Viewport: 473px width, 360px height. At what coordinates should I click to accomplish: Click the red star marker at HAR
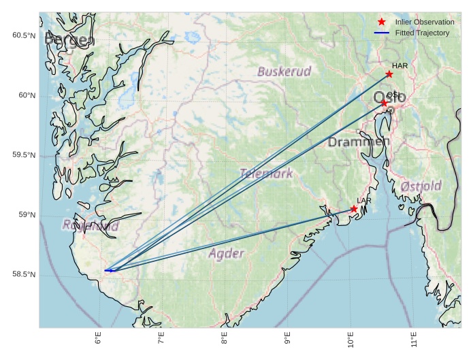click(x=389, y=74)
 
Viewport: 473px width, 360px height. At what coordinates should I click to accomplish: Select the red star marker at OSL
click(x=384, y=103)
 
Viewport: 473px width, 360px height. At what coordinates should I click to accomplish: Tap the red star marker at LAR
click(x=354, y=209)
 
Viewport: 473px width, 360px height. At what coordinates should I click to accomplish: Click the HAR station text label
click(x=399, y=65)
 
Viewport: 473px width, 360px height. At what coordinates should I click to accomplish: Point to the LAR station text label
click(x=364, y=201)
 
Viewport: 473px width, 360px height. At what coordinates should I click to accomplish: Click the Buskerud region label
click(x=284, y=71)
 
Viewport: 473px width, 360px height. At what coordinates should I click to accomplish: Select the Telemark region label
click(x=266, y=174)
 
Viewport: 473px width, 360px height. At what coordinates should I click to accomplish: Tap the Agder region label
click(x=225, y=254)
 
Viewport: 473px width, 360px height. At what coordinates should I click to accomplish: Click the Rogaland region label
click(x=91, y=225)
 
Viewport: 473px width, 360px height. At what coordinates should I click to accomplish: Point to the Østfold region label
click(x=421, y=186)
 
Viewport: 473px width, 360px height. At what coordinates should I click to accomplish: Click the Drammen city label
click(x=358, y=142)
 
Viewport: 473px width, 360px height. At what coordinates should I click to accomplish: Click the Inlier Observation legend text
click(x=425, y=22)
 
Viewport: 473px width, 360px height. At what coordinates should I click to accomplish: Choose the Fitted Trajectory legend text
click(x=422, y=33)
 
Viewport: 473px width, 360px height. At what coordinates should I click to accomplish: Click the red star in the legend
click(x=382, y=22)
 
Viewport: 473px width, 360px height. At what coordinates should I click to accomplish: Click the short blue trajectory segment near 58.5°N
click(x=109, y=270)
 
